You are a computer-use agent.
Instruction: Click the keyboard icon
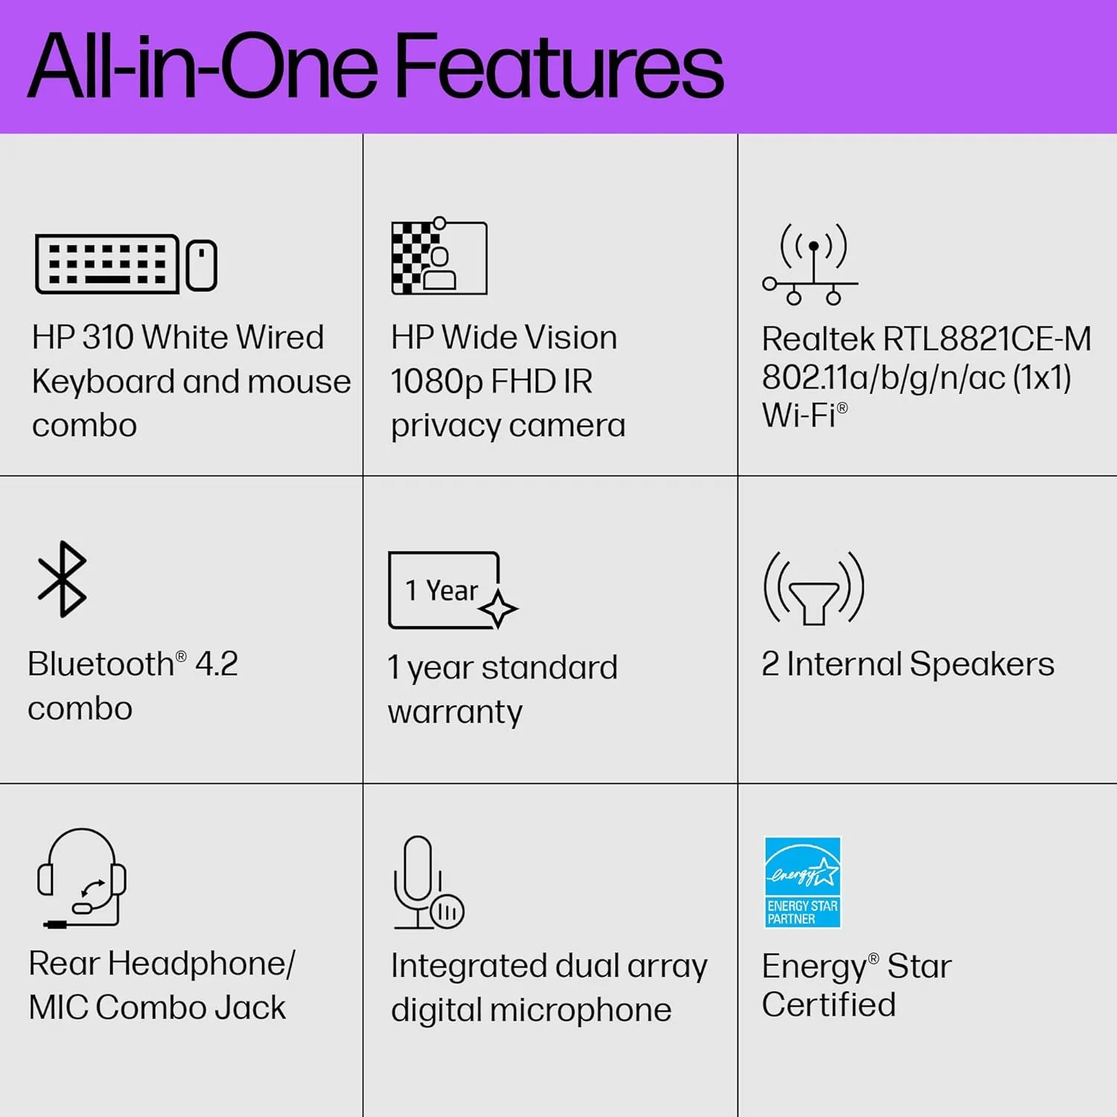tap(107, 264)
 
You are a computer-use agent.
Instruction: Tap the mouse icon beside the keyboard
tap(201, 265)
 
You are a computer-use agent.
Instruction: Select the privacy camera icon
tap(439, 256)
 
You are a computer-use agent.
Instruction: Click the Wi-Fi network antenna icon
tap(810, 264)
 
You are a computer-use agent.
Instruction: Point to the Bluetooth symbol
tap(63, 579)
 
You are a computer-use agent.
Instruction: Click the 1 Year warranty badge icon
tap(453, 591)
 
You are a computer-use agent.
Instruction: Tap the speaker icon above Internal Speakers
tap(814, 588)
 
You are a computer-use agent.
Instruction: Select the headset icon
tap(81, 878)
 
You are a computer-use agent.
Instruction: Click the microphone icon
tap(428, 882)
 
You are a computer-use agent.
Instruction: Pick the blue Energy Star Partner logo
tap(803, 882)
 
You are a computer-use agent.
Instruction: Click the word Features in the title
tap(558, 67)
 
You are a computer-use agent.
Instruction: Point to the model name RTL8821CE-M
tap(987, 340)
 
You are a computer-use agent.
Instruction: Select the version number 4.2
tap(217, 664)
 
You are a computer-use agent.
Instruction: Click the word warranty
tap(455, 713)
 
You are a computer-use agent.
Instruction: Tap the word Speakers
tap(981, 664)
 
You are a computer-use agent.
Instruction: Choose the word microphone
tap(580, 1011)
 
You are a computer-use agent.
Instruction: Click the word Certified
tap(829, 1005)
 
